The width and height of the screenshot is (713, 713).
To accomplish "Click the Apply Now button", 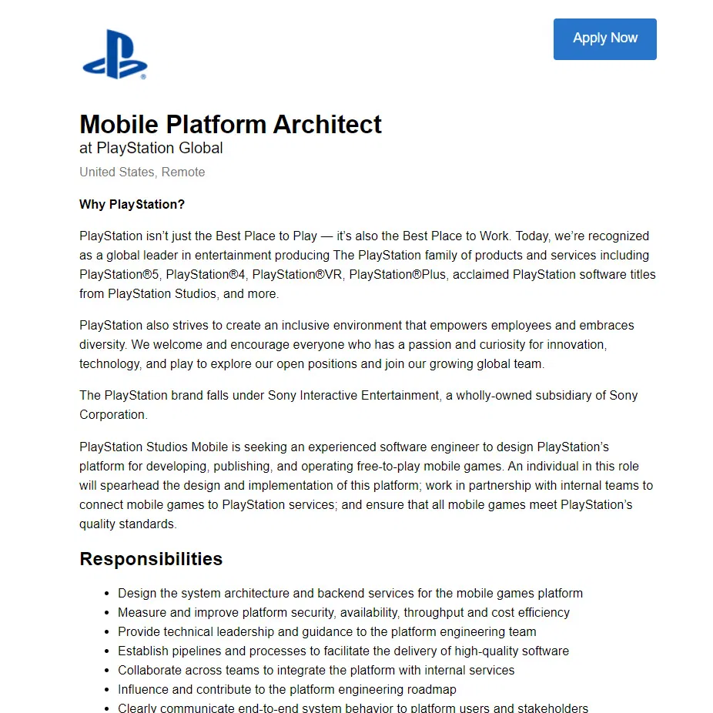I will coord(604,38).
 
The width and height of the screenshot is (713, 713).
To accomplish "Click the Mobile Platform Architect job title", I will coord(230,125).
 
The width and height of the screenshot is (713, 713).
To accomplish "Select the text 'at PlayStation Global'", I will coord(151,148).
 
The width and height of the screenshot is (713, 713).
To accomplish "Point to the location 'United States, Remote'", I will coord(142,172).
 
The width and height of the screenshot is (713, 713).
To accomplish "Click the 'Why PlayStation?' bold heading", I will coord(132,204).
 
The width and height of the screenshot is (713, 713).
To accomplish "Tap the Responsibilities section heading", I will coord(151,559).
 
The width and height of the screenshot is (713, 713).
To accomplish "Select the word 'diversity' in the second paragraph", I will coord(102,344).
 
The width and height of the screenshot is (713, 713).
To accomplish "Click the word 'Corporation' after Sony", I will coord(112,414).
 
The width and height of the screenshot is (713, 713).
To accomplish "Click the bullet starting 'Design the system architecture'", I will coord(350,593).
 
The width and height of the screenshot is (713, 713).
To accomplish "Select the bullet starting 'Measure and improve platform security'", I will coord(343,612).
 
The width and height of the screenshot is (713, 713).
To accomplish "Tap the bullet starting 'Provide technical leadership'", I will coord(326,631).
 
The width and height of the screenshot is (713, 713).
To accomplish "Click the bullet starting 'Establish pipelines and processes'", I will coord(343,651).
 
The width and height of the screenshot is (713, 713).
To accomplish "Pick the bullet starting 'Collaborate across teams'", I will coord(316,670).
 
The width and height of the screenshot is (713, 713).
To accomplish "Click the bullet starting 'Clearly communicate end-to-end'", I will coord(353,708).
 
